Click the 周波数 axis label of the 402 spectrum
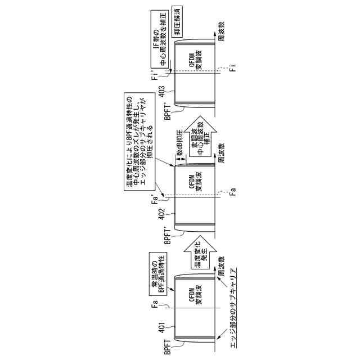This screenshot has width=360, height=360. [x=222, y=152]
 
